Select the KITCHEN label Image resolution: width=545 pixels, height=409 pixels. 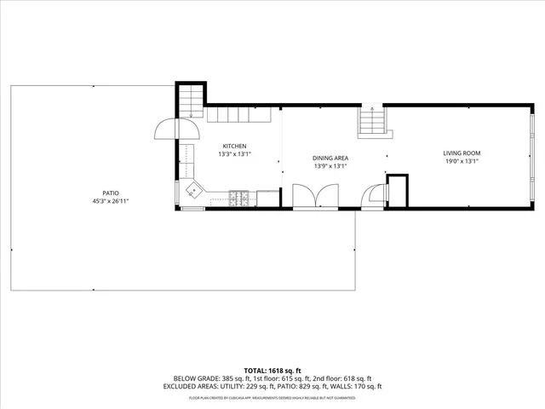[235, 146]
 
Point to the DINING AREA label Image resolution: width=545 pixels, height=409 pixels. [330, 158]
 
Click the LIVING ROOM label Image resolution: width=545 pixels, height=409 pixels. [461, 153]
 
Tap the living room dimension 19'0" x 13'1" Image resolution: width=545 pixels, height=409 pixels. [461, 161]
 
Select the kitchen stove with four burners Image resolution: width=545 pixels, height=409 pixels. [239, 199]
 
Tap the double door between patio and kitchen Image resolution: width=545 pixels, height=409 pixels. [176, 129]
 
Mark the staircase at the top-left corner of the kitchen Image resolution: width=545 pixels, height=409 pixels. [192, 101]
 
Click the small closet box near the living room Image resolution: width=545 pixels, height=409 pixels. [398, 191]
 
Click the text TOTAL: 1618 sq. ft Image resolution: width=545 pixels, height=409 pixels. [272, 371]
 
